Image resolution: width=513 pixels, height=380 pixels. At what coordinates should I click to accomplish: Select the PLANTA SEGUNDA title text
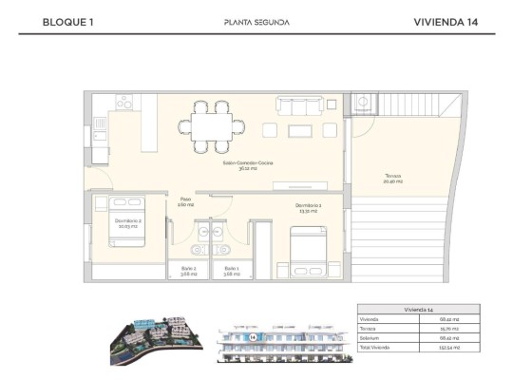[x=256, y=22]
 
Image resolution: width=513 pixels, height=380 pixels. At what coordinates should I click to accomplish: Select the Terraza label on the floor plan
[x=393, y=179]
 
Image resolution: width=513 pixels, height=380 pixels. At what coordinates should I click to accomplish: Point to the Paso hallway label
[x=185, y=201]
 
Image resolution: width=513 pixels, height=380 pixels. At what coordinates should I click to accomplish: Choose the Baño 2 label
[x=189, y=271]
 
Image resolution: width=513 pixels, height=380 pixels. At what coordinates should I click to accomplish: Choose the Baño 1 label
[x=232, y=271]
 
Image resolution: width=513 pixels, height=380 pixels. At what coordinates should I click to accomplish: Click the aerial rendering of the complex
[x=152, y=336]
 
